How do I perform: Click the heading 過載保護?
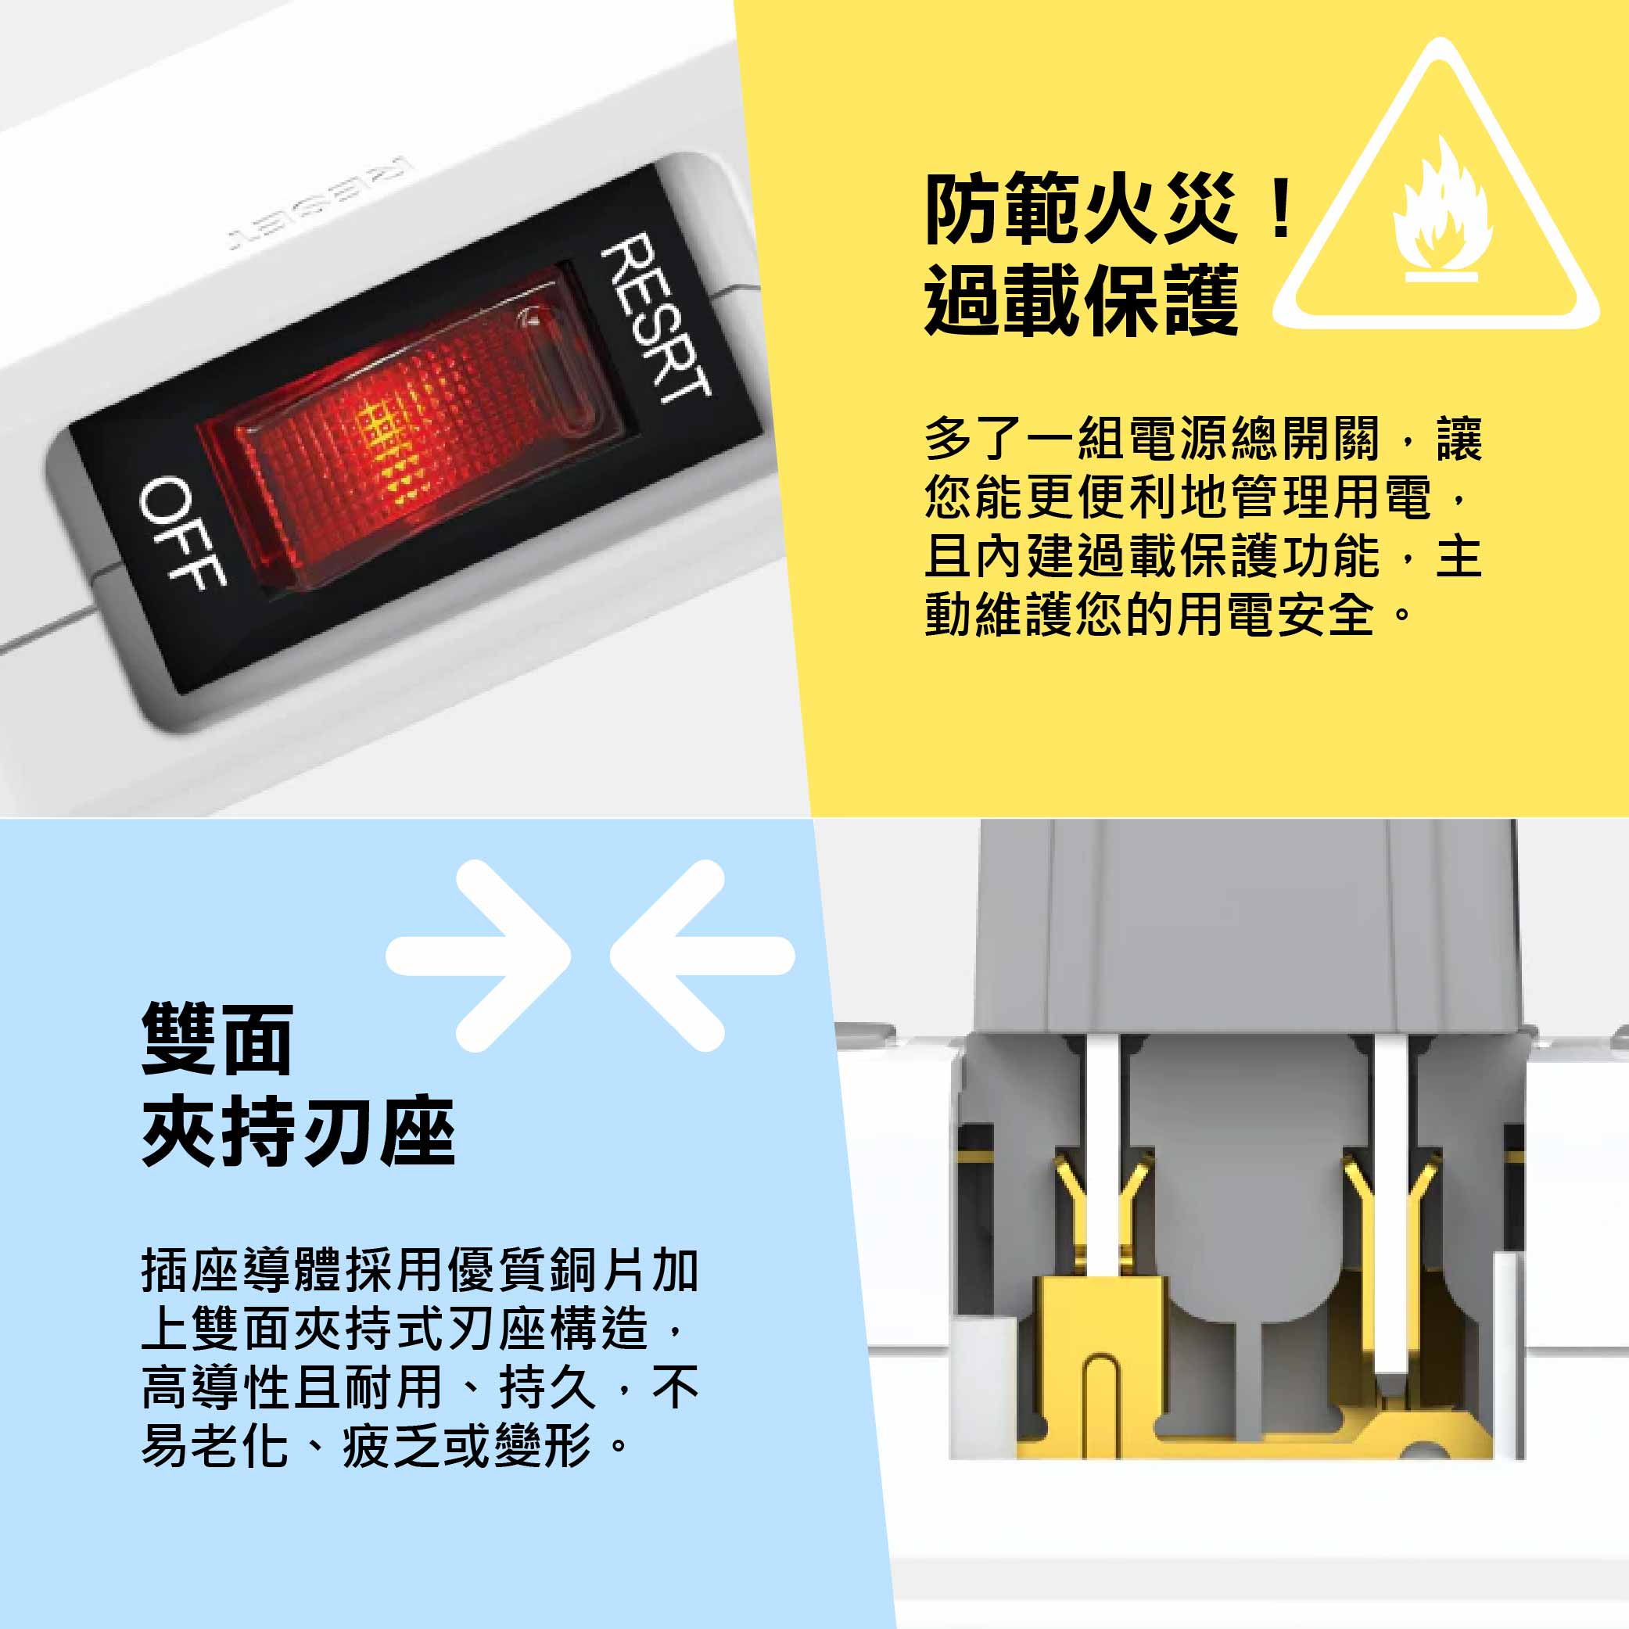coord(1082,300)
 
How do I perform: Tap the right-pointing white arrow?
coord(479,956)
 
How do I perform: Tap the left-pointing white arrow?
coord(701,956)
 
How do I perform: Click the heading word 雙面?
coord(217,1039)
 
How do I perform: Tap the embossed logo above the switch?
coord(319,203)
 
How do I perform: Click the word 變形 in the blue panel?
coord(543,1445)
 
